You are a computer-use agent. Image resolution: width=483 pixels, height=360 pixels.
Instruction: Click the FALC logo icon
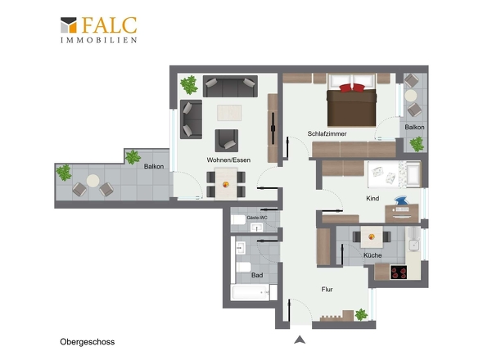pyautogui.click(x=69, y=25)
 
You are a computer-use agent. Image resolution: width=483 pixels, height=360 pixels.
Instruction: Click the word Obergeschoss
pyautogui.click(x=87, y=342)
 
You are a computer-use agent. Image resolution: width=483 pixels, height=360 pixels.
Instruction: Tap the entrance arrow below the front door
pyautogui.click(x=300, y=340)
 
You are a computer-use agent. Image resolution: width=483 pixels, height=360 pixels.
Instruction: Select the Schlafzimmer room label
pyautogui.click(x=327, y=133)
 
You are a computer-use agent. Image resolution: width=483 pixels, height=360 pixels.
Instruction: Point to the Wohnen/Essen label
pyautogui.click(x=228, y=160)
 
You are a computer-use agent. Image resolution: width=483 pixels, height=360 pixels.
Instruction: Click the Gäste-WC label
pyautogui.click(x=257, y=218)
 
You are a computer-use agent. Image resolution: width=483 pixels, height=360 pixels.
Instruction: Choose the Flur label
pyautogui.click(x=327, y=289)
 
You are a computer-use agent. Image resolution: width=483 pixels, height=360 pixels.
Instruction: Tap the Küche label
pyautogui.click(x=372, y=255)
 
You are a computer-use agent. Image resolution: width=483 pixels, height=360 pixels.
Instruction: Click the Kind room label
pyautogui.click(x=372, y=198)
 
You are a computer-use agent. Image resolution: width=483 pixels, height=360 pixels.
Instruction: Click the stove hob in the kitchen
pyautogui.click(x=399, y=272)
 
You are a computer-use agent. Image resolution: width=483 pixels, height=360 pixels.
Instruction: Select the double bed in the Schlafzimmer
pyautogui.click(x=351, y=100)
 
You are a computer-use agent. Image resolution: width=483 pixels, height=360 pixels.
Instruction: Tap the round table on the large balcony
pyautogui.click(x=93, y=181)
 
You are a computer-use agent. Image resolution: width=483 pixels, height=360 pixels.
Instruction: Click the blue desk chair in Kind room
pyautogui.click(x=401, y=200)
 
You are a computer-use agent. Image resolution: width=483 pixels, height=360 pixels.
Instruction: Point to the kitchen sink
pyautogui.click(x=413, y=245)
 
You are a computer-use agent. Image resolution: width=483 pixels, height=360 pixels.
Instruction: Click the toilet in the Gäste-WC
pyautogui.click(x=237, y=220)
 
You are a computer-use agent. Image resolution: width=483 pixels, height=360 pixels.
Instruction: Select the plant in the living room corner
pyautogui.click(x=189, y=85)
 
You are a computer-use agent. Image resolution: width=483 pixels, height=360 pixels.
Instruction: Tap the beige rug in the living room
pyautogui.click(x=229, y=113)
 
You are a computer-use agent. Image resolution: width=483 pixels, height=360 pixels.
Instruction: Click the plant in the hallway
pyautogui.click(x=361, y=315)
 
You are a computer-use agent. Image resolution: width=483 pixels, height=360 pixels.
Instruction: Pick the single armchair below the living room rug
pyautogui.click(x=227, y=141)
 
